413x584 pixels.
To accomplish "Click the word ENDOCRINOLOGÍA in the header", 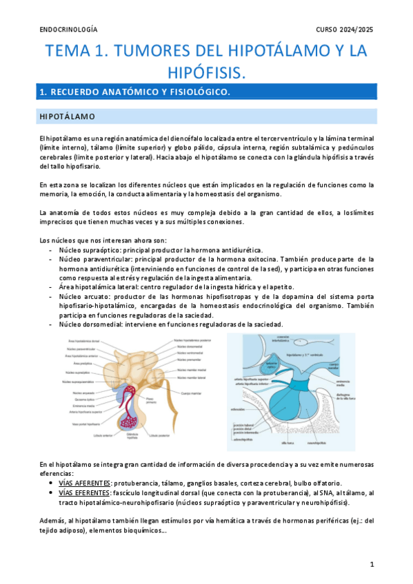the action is pos(68,30).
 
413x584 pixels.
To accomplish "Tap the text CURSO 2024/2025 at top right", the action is pos(345,30).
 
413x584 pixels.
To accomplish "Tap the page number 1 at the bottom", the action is pos(372,564).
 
